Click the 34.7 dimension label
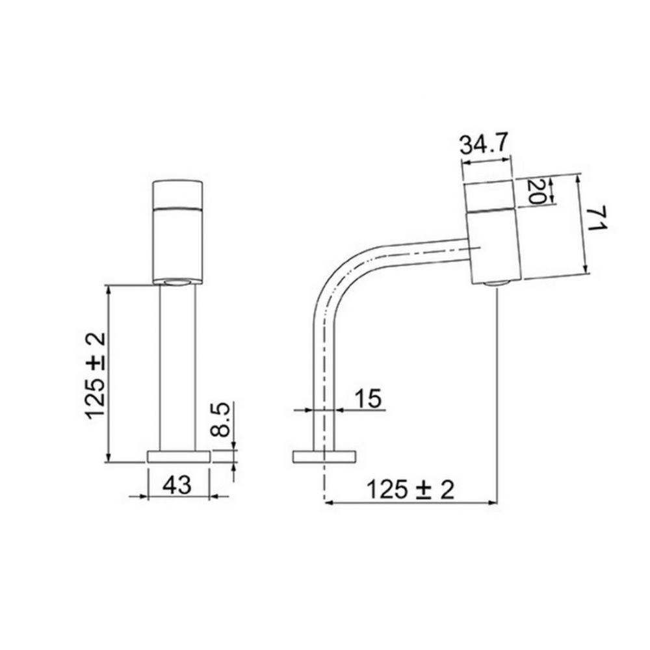point(485,144)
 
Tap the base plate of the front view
point(179,456)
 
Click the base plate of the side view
point(324,456)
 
